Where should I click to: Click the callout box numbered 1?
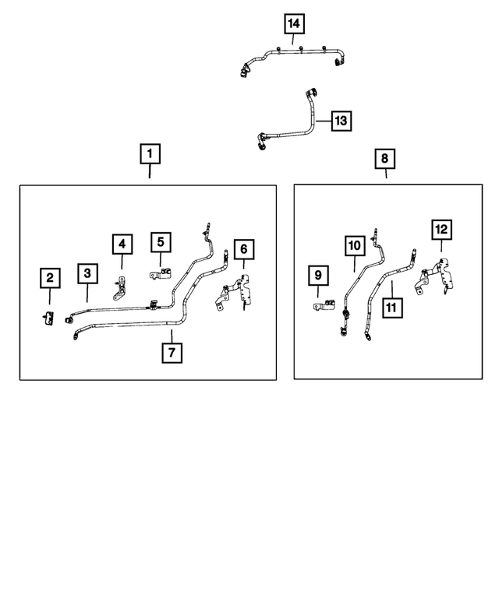tap(150, 153)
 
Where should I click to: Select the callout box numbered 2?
tap(49, 277)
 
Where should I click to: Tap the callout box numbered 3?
tap(87, 273)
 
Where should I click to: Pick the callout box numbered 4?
tap(122, 244)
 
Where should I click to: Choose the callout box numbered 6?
tap(243, 249)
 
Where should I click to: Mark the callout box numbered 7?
tap(172, 352)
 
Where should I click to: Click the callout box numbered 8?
tap(384, 160)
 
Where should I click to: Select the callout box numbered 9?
tap(318, 275)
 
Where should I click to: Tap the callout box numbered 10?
tap(354, 246)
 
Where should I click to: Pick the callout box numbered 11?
tap(391, 308)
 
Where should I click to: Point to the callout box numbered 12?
tap(441, 229)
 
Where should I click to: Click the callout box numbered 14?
tap(293, 25)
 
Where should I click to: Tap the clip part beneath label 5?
tap(161, 273)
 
